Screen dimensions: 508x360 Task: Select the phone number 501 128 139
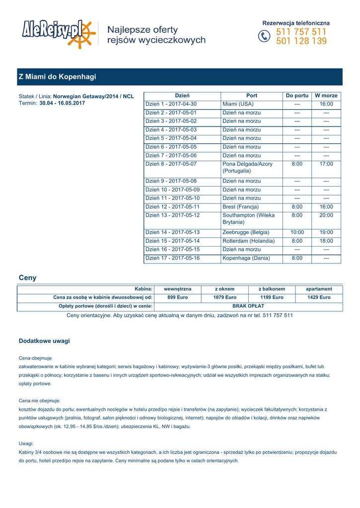click(301, 42)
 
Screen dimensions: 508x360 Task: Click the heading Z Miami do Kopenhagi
click(57, 77)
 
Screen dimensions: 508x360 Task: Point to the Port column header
click(252, 95)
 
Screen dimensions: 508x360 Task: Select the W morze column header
click(326, 95)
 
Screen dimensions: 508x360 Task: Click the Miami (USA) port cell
click(238, 104)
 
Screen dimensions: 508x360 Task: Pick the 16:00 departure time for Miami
click(326, 104)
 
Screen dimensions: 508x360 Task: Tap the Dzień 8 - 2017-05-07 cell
click(171, 164)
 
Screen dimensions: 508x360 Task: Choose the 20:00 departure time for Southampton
click(326, 215)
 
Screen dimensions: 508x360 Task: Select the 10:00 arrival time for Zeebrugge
click(297, 232)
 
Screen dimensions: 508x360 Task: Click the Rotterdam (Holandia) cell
click(248, 241)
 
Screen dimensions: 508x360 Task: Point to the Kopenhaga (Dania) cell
click(246, 258)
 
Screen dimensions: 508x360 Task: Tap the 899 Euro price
click(178, 297)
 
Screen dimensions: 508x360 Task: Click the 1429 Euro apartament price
click(319, 297)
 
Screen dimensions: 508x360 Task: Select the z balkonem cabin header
click(272, 289)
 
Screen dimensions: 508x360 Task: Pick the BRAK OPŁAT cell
click(248, 306)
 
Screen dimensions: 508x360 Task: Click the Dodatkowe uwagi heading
click(44, 341)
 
